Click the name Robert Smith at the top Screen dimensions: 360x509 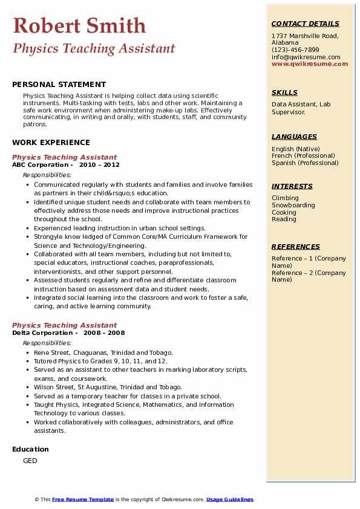coord(79,25)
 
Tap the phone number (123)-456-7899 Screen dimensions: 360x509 coord(295,50)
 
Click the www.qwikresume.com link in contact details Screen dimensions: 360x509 coord(310,63)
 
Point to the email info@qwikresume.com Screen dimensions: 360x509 coord(306,57)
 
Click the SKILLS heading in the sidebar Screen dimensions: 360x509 coord(284,92)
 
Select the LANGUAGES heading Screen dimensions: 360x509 coord(294,137)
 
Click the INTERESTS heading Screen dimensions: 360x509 coord(292,186)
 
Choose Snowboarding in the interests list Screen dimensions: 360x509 coord(293,205)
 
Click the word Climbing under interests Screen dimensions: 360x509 coord(285,198)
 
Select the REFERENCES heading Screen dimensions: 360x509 coord(296,247)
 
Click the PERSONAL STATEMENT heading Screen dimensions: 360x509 coord(59,85)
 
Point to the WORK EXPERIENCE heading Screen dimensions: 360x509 coord(51,143)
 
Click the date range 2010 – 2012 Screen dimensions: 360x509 coord(99,164)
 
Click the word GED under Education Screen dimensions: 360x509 coord(30,461)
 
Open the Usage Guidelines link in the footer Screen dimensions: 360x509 coord(229,499)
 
